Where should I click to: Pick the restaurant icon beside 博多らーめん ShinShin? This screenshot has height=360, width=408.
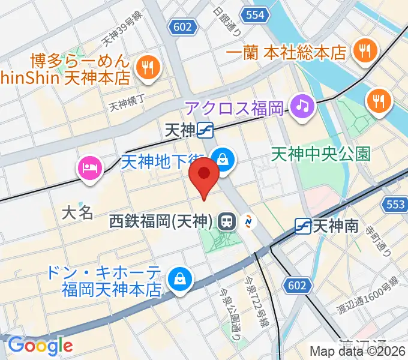click(x=146, y=67)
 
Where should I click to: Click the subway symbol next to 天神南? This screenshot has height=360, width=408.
click(x=303, y=226)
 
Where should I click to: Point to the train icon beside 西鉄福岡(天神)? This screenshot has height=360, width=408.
click(x=226, y=221)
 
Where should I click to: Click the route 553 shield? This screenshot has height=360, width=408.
click(x=395, y=205)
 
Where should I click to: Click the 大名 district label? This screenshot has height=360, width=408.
click(x=79, y=212)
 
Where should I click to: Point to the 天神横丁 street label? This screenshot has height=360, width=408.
click(x=127, y=106)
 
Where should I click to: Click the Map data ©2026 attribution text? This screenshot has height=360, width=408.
click(x=358, y=351)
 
